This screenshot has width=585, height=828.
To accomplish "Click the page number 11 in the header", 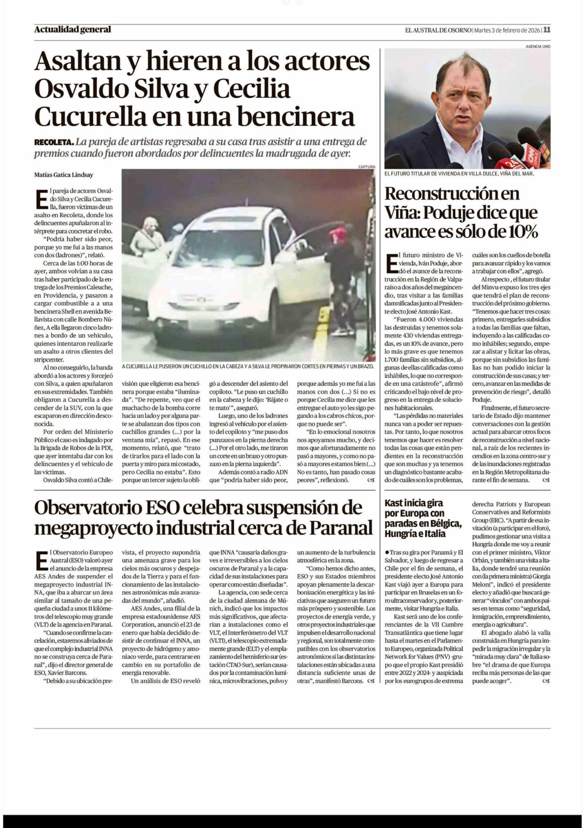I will [x=547, y=30].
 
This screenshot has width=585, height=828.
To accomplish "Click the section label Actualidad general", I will [x=72, y=30].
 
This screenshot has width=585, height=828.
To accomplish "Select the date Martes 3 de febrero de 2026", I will [x=507, y=30].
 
